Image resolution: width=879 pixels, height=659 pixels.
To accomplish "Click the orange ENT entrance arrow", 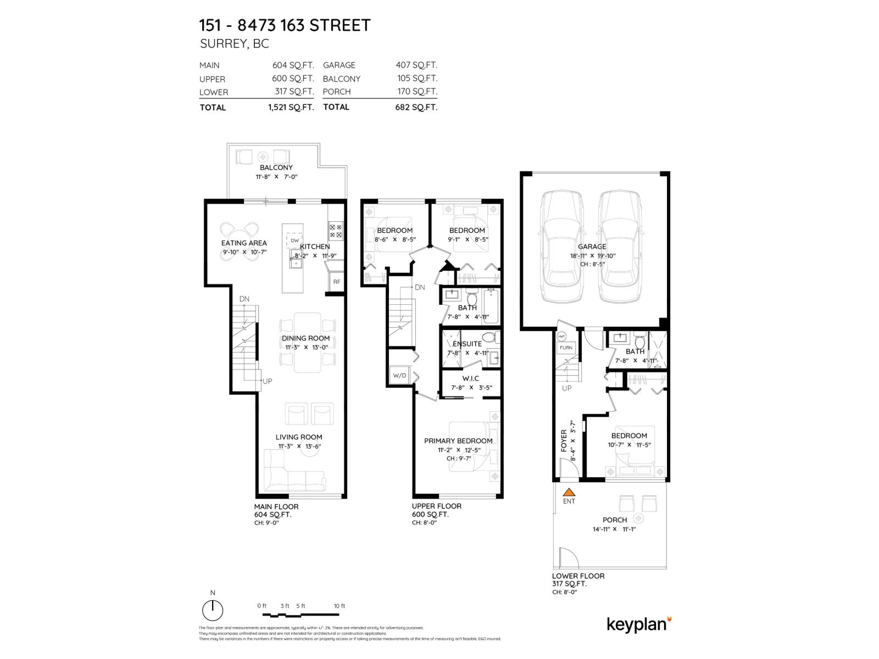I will (569, 493).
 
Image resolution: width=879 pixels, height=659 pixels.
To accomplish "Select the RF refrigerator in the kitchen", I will (336, 282).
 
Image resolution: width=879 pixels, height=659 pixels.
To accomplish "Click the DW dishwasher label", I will (294, 241).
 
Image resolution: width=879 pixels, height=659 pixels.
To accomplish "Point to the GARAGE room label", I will (592, 247).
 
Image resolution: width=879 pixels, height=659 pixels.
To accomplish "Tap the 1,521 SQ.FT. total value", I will (291, 107).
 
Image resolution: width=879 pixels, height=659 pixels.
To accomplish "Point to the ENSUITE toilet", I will (488, 337).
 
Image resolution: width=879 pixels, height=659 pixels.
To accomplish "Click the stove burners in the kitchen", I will (336, 231).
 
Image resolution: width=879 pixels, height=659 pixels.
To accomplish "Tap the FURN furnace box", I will (566, 348).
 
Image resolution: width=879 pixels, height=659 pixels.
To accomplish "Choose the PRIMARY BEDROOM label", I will (458, 440).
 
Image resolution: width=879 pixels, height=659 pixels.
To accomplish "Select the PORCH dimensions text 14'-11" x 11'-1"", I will (614, 529).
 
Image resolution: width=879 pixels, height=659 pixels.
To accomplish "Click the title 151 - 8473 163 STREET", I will (285, 25).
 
